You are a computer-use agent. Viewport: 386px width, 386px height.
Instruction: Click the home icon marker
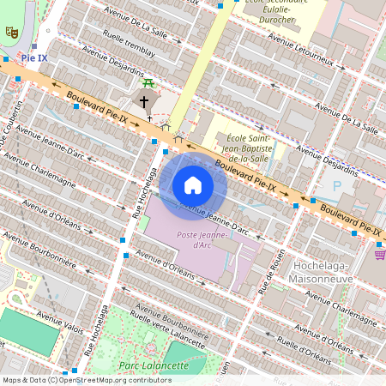click(193, 185)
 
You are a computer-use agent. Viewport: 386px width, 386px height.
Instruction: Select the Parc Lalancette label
click(154, 365)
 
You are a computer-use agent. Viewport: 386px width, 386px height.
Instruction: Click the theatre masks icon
click(12, 32)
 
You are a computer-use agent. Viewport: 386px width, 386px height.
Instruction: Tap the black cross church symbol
click(143, 101)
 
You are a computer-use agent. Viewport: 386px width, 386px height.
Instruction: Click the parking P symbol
click(337, 185)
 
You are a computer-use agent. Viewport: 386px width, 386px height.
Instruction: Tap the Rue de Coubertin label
click(15, 129)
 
